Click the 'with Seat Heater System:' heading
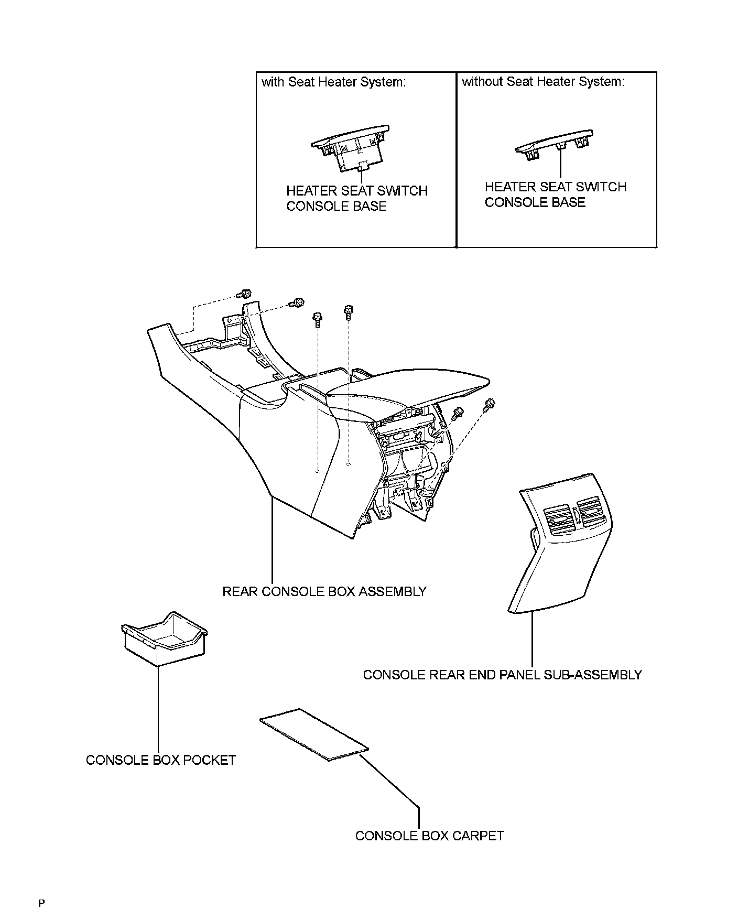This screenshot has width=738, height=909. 334,82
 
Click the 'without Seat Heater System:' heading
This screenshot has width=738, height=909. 543,82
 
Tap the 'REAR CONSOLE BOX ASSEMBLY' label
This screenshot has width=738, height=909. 324,592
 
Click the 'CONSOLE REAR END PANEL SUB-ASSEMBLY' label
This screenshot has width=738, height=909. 502,675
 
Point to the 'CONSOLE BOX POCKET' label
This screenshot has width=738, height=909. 161,760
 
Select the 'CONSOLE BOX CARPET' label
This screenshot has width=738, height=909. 429,836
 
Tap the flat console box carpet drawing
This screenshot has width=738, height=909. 313,734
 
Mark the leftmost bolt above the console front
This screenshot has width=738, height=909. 245,294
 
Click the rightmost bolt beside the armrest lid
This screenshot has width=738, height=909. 491,403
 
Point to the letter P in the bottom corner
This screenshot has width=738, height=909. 41,903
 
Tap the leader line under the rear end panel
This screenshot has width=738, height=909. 532,640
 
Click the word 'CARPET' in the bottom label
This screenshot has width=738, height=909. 477,836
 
